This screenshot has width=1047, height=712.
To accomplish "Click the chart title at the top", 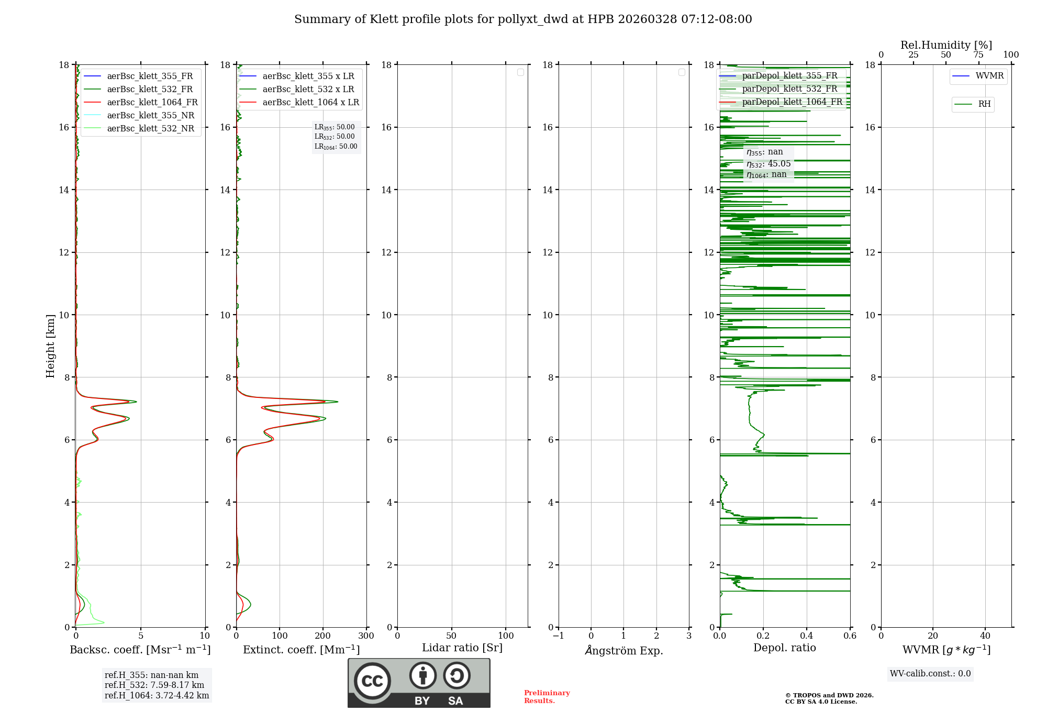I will point(523,19).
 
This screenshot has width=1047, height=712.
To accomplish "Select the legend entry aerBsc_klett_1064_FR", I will point(152,103).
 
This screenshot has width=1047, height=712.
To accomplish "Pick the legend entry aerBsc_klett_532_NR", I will point(150,129).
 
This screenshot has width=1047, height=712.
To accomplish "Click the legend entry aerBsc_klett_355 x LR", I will point(308,76).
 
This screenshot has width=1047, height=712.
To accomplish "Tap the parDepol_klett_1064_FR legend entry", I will point(792,102).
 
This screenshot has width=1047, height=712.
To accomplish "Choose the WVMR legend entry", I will point(989,76).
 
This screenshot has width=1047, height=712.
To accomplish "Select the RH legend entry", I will point(984,104).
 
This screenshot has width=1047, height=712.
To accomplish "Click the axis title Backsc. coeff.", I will point(140,650).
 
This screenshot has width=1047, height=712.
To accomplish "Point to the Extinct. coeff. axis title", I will point(301,650).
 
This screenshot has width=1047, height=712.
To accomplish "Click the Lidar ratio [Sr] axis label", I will point(462,648).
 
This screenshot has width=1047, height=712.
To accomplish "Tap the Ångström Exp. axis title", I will point(623,651).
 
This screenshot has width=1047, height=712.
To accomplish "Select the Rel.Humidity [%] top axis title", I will point(946,45).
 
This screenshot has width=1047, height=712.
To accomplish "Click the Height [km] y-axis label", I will point(50,346).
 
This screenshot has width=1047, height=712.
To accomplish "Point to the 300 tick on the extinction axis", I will point(366,636).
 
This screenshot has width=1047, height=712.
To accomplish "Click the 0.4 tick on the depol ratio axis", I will point(806,636).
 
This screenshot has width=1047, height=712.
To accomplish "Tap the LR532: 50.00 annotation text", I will point(335,137).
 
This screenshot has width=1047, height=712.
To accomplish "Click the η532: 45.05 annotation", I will point(768,164).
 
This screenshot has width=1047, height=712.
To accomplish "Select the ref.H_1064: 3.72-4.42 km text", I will point(157,696).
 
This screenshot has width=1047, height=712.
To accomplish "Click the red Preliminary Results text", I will point(547,697).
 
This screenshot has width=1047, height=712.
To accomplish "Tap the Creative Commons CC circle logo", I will point(372,681).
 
